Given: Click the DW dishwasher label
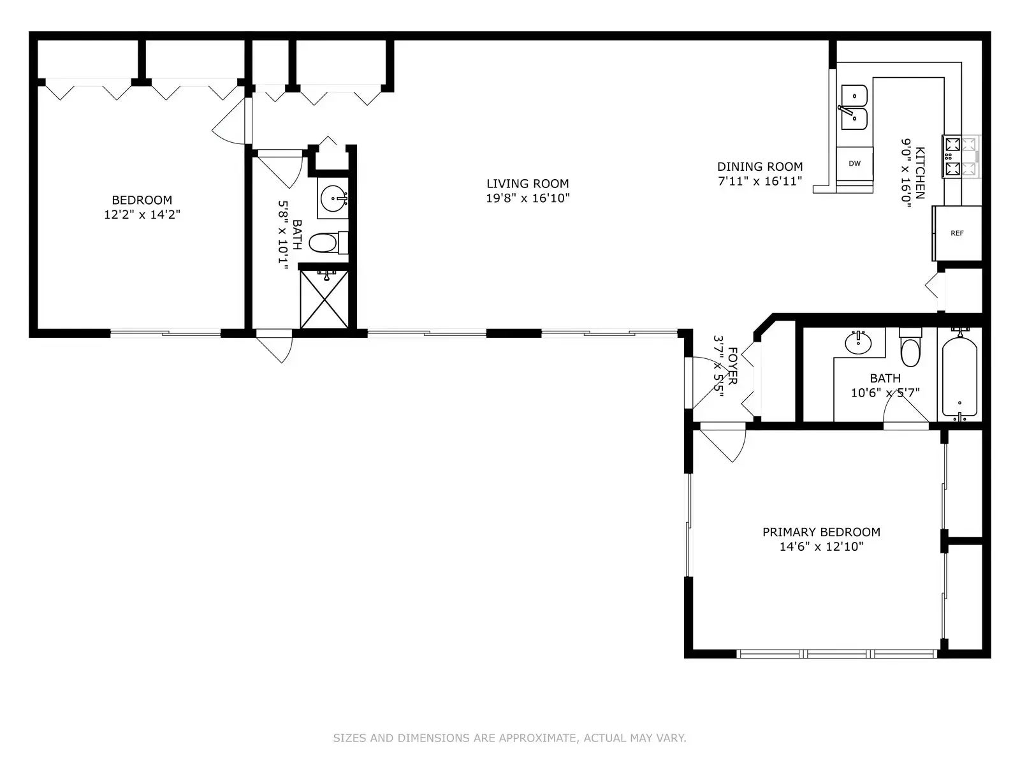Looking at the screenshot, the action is (x=854, y=163).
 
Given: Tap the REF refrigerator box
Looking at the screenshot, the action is (x=957, y=233).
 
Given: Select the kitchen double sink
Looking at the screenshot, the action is (x=854, y=107).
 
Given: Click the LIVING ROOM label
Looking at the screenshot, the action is (x=527, y=184).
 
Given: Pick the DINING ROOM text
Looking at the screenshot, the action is (x=760, y=166).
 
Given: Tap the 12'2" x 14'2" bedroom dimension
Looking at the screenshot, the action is (x=142, y=215).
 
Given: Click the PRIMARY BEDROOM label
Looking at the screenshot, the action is (x=821, y=532).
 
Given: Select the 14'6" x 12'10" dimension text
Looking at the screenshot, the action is (x=821, y=546).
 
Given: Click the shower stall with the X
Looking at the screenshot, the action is (x=324, y=298).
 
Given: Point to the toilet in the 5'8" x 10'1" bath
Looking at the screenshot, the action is (x=328, y=242).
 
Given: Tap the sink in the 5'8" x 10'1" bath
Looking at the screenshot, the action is (x=333, y=198).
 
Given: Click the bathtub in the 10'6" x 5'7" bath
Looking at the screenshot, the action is (x=959, y=376).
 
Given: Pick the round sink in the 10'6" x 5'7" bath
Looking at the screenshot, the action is (x=858, y=343).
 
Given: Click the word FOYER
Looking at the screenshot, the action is (x=732, y=366).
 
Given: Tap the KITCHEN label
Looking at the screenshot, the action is (x=920, y=173).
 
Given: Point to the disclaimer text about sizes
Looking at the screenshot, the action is (x=509, y=738).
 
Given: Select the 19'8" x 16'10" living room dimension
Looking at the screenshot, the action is (x=527, y=198).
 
